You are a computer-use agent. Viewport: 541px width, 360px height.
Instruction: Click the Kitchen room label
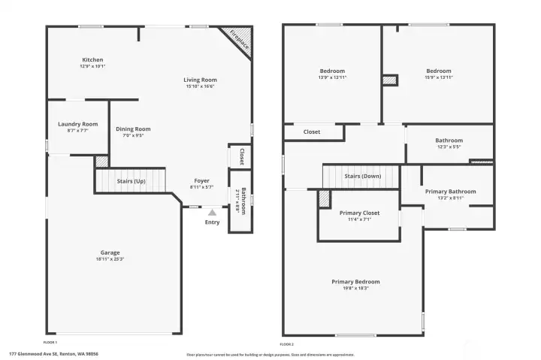tap(92, 60)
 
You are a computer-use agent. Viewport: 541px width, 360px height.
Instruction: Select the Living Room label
tap(201, 80)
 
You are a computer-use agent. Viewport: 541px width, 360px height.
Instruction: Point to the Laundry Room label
tap(78, 124)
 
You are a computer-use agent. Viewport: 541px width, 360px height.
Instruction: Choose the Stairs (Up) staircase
tap(131, 181)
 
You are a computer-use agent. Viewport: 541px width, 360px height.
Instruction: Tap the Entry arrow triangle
tap(213, 213)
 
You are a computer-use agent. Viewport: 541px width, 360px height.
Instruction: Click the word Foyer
tap(201, 180)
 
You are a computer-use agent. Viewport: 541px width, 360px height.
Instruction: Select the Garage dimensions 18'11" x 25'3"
tap(110, 259)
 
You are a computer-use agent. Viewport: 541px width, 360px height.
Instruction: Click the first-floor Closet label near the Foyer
tap(241, 156)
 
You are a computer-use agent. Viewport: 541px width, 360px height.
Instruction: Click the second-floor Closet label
tap(312, 132)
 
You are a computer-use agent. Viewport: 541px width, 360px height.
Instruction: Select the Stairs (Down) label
tap(363, 176)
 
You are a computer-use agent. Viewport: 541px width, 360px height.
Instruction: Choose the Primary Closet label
tap(360, 213)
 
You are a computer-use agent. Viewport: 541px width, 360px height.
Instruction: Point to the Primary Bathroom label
tap(450, 192)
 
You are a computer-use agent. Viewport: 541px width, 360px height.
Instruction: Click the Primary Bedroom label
tap(350, 282)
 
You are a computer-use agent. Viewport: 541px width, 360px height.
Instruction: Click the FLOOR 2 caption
tap(286, 343)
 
